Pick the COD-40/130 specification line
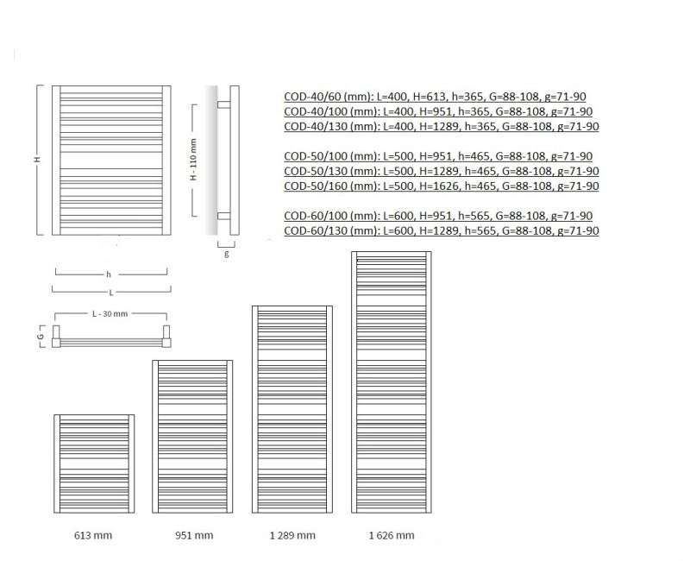point(441,127)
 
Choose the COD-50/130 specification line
point(441,171)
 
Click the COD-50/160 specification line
point(441,186)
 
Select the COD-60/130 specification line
point(441,230)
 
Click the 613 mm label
point(94,536)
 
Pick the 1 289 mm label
point(293,536)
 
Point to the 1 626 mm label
point(392,536)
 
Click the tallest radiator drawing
point(392,384)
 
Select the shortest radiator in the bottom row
point(94,465)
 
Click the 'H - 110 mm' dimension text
point(194,159)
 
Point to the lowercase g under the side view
point(226,255)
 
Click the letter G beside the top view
point(40,335)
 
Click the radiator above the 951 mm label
point(192,438)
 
